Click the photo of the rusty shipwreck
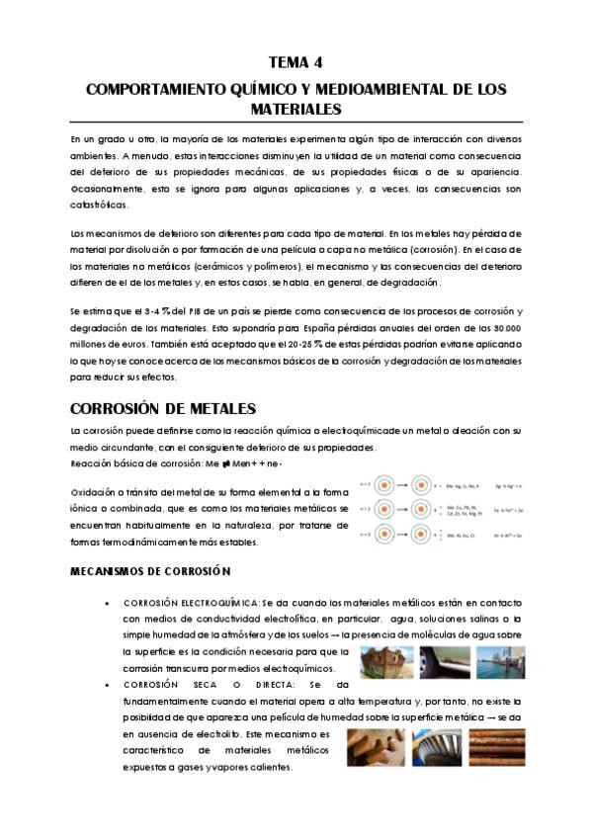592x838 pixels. pyautogui.click(x=381, y=661)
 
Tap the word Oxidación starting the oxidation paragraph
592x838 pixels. pyautogui.click(x=95, y=492)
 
